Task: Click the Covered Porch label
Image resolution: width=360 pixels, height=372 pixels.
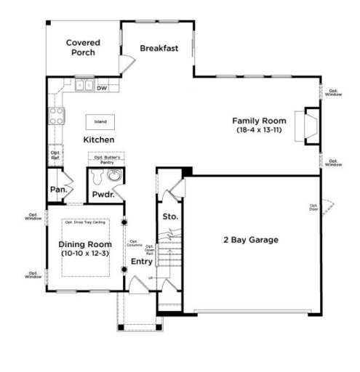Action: pos(82,48)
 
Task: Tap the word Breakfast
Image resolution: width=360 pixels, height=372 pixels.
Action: pos(159,48)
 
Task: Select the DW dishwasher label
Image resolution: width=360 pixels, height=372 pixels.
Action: pos(102,88)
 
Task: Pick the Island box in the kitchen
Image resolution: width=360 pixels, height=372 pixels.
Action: pos(100,121)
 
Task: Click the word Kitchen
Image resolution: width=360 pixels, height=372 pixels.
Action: pos(99,139)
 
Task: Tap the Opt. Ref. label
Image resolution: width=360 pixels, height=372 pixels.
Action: pos(55,155)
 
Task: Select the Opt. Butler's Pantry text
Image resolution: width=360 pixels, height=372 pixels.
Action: pos(106,158)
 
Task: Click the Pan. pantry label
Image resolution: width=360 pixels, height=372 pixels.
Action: pos(58,190)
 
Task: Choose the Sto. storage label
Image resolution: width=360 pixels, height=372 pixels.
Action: pos(169,217)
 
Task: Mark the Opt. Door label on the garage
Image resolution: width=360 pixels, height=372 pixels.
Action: pos(314,207)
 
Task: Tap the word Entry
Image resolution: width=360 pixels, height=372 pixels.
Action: pos(141,261)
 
